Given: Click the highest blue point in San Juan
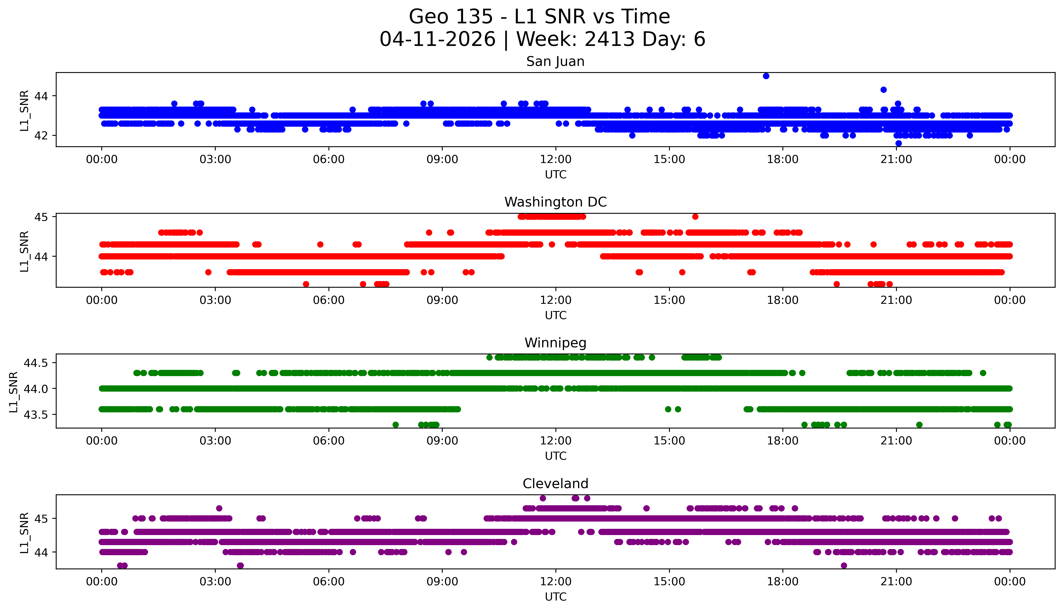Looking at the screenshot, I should point(766,76).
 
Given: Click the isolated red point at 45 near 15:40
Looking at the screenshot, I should point(695,217).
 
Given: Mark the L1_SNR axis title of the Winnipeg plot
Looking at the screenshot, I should point(13,392).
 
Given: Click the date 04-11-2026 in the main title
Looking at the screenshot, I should point(437,39).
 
